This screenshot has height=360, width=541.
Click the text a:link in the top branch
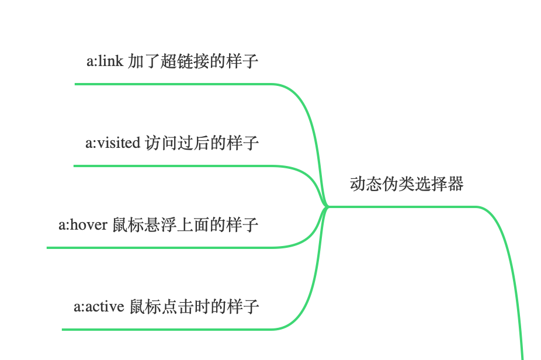point(105,61)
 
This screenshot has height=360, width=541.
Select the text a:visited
point(113,143)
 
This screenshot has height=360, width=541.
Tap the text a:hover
point(83,224)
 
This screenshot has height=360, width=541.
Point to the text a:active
point(99,306)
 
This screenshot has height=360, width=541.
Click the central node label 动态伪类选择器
point(407,184)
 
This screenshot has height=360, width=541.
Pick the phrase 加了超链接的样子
point(193,61)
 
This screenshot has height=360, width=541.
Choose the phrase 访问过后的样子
point(202,143)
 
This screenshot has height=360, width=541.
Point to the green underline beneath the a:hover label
point(158,248)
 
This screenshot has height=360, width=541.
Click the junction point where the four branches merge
point(326,206)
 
